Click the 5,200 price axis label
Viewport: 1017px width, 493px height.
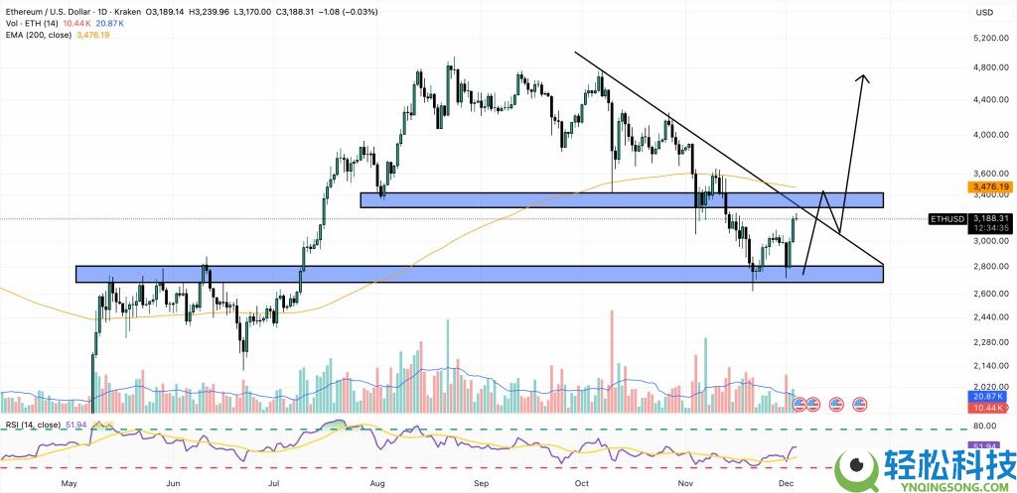985,38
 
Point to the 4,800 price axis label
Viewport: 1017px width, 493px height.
985,67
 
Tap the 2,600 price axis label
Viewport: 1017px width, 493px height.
985,294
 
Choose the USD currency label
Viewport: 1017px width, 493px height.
985,12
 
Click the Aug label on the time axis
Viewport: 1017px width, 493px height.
377,483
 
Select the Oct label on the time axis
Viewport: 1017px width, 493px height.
582,483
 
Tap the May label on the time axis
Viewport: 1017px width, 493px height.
70,483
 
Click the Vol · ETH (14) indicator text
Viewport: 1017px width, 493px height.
28,24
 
